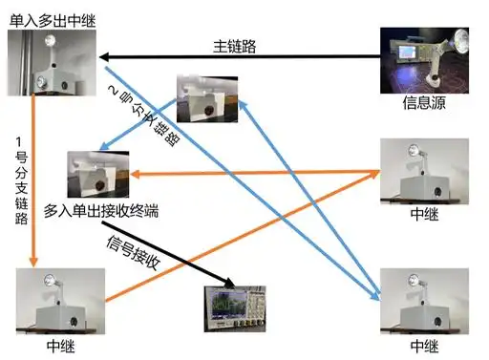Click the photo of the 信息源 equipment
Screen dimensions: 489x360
coord(425,59)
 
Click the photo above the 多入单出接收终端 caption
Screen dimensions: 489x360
coord(97,175)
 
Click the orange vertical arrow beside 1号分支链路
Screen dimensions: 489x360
coord(34,181)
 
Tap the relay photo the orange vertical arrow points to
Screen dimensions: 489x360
coord(59,300)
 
